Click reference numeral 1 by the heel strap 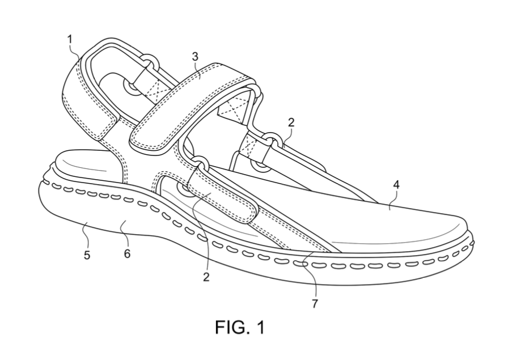70,40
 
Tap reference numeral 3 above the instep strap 194,57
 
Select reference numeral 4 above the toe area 396,185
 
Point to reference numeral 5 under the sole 87,255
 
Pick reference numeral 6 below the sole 127,253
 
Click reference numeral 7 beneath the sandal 315,304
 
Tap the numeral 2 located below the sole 206,277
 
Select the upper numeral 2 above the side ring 291,122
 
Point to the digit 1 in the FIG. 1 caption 260,327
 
